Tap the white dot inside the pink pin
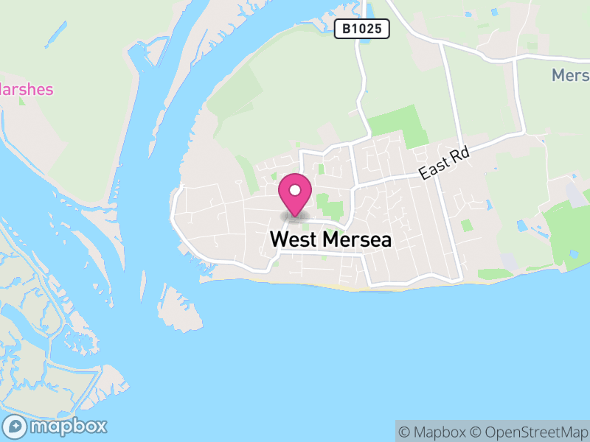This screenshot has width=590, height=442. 294,190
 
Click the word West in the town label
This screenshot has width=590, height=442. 293,240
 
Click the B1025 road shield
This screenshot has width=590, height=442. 361,29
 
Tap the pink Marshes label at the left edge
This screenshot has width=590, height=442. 27,90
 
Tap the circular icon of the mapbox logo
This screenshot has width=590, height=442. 15,426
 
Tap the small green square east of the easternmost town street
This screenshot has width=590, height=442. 466,225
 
